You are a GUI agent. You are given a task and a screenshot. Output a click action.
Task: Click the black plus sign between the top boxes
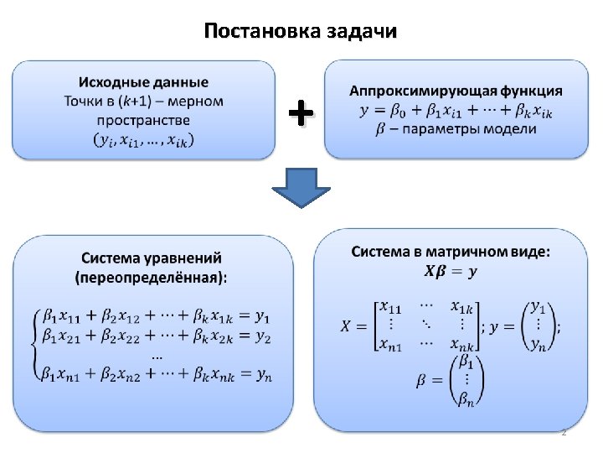(x=300, y=112)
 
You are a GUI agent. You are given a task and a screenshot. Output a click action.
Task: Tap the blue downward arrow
(x=300, y=187)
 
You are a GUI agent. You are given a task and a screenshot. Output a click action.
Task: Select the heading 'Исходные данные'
(x=143, y=82)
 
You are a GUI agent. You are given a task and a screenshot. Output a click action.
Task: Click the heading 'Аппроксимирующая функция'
(x=456, y=91)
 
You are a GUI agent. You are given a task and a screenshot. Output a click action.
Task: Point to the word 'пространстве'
(x=143, y=120)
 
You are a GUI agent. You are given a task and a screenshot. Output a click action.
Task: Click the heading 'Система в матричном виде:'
(x=451, y=252)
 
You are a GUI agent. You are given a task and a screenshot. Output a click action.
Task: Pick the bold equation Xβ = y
(x=451, y=271)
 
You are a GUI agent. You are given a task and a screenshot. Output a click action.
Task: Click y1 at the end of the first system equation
(x=264, y=317)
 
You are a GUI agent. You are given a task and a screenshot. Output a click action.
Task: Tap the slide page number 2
(x=564, y=432)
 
